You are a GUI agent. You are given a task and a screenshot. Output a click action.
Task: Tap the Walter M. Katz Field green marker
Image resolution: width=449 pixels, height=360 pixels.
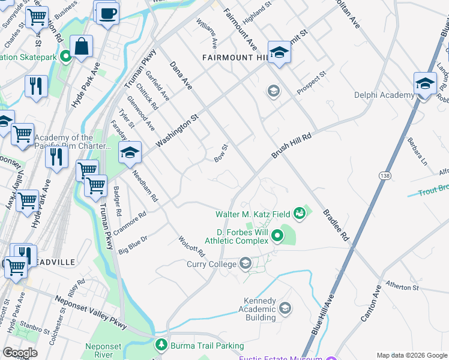(x=299, y=214)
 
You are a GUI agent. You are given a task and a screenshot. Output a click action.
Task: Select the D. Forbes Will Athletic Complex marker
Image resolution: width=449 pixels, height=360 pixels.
(x=277, y=235)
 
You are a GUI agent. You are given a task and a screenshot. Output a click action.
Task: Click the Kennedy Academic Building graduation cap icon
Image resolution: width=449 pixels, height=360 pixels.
(x=285, y=308)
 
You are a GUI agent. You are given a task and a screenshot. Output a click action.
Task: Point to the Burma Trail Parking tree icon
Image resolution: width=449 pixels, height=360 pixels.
(x=161, y=345)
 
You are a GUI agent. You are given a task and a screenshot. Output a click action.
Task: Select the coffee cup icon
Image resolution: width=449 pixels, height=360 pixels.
(x=107, y=14)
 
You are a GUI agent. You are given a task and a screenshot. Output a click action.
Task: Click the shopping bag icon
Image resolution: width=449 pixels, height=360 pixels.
(x=81, y=46)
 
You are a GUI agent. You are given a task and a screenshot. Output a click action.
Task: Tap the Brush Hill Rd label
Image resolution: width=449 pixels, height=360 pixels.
(x=292, y=146)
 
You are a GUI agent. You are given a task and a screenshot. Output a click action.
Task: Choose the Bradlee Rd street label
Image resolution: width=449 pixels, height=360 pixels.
(x=336, y=225)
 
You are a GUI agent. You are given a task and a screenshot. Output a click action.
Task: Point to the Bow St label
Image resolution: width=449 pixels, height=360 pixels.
(x=221, y=152)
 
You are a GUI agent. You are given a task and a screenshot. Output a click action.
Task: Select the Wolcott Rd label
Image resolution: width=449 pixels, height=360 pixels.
(x=192, y=247)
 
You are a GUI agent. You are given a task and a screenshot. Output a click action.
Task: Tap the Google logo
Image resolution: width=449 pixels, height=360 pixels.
(x=20, y=353)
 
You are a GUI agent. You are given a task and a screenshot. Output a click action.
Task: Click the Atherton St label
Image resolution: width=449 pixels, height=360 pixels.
(x=402, y=287)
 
